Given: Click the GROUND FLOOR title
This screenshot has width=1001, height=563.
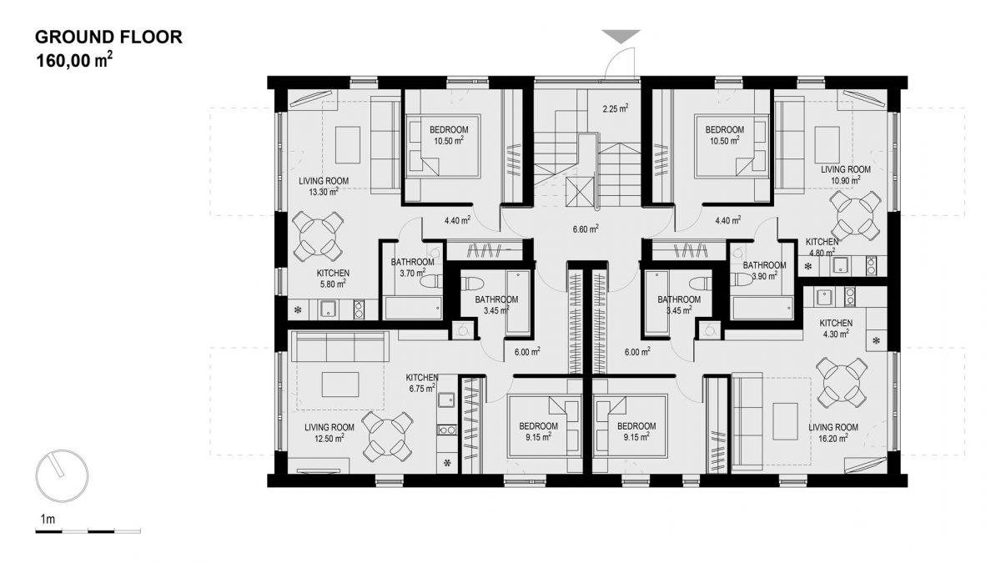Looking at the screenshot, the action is click(x=108, y=37).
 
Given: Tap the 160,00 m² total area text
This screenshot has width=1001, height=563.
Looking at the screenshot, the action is click(x=74, y=60).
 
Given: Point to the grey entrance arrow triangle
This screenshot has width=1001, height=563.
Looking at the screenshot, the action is click(x=621, y=36).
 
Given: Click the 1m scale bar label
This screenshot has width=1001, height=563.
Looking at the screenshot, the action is click(x=48, y=519).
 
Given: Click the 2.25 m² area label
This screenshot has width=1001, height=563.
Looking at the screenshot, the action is click(x=616, y=108).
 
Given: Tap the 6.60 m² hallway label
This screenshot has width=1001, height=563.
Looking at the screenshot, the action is click(x=586, y=229).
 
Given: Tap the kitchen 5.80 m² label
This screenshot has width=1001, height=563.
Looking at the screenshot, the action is click(x=333, y=278).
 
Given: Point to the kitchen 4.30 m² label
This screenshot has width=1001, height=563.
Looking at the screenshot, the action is click(x=836, y=328).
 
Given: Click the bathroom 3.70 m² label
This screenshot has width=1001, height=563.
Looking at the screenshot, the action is click(x=412, y=267).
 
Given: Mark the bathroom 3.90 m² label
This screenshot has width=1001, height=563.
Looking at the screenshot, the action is click(x=764, y=271).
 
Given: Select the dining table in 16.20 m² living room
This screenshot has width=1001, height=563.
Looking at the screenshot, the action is click(x=842, y=382).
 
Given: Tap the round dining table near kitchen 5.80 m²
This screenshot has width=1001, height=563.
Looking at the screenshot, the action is click(x=318, y=236).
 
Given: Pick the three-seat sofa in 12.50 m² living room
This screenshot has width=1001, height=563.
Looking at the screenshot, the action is click(x=340, y=346).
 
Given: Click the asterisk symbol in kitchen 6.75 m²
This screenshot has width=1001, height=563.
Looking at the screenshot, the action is click(x=447, y=463).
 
